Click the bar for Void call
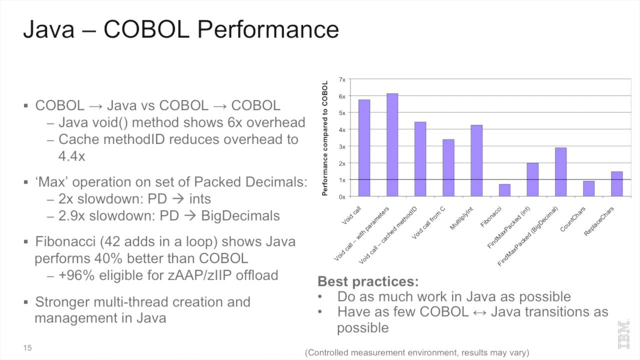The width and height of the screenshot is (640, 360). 364,148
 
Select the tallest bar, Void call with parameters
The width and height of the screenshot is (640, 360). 392,145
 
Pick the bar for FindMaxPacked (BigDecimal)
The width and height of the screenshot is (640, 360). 560,172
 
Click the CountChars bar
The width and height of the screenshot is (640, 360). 588,188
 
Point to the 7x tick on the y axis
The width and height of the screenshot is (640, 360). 342,79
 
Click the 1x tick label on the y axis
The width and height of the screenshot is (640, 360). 342,180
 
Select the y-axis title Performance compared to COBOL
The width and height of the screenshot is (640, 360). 325,138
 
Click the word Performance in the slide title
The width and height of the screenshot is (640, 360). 268,29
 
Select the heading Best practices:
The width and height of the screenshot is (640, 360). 368,281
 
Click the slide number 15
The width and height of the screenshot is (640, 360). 27,347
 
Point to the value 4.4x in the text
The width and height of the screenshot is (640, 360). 71,156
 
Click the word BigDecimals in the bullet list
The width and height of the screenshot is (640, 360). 240,215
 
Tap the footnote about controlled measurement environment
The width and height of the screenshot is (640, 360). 417,353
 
